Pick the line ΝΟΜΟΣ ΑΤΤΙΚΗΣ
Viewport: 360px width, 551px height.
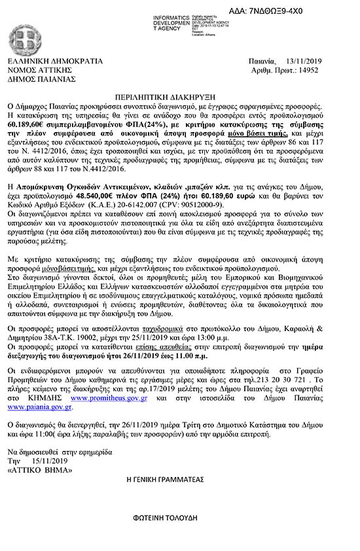(41, 70)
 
